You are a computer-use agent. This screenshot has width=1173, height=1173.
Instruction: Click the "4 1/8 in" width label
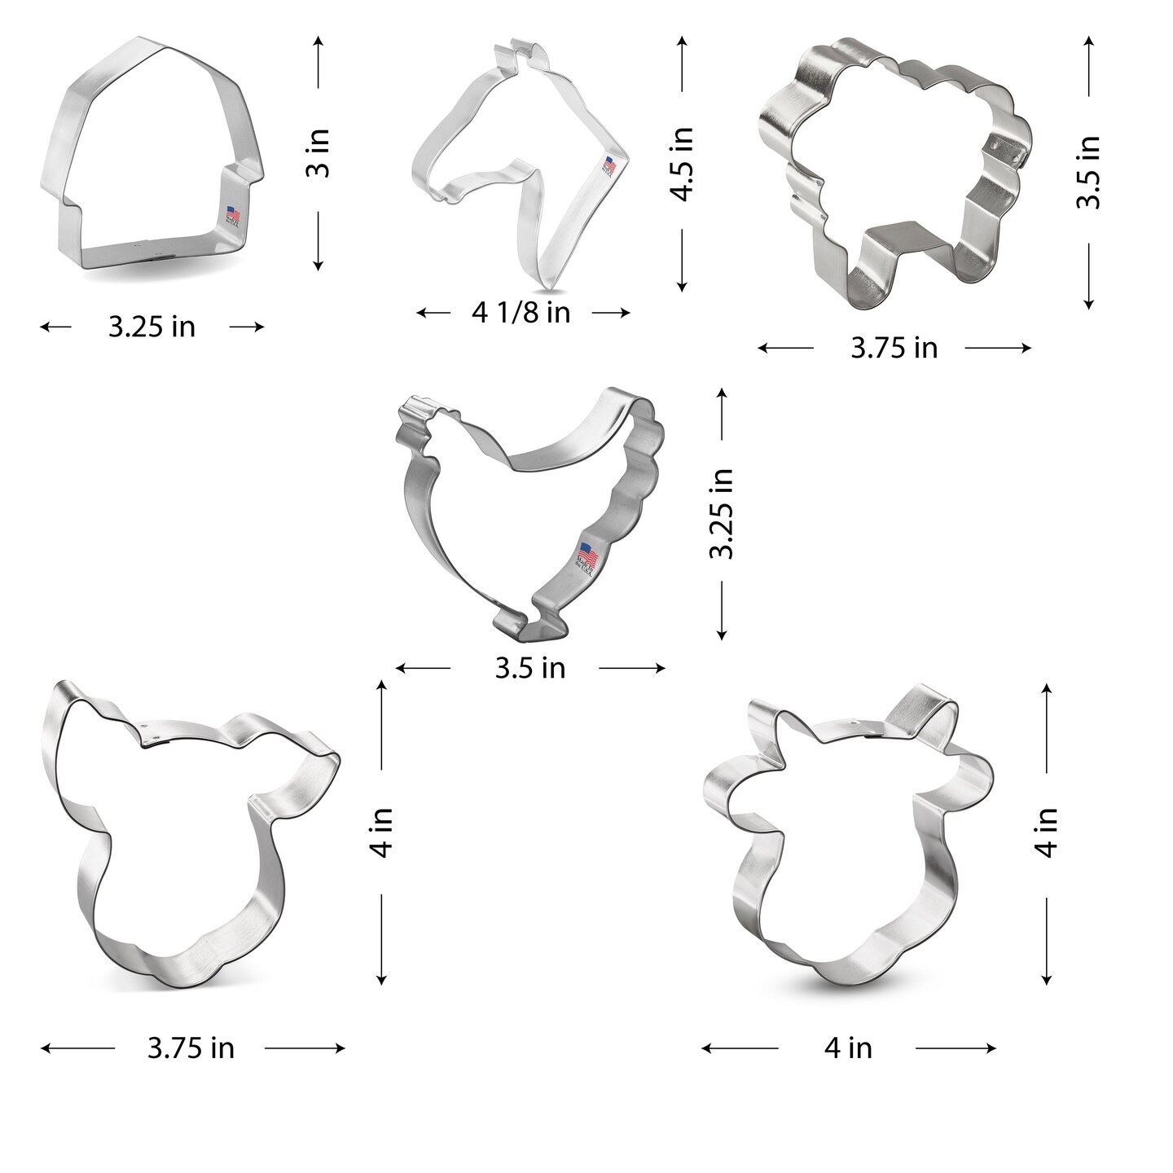pos(521,313)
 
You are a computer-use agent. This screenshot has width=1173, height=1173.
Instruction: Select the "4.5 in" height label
pos(682,164)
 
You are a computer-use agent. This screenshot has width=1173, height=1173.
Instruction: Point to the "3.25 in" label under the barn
pos(152,327)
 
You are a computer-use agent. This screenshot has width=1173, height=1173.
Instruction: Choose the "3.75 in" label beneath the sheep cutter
pos(894,349)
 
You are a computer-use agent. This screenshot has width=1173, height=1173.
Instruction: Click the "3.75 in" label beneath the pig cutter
pos(191,1048)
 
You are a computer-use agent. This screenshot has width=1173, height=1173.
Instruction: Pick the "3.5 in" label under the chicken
pos(529,669)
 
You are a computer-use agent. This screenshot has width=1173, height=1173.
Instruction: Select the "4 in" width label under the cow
pos(848,1048)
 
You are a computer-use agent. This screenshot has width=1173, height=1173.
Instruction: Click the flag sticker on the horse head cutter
pos(610,165)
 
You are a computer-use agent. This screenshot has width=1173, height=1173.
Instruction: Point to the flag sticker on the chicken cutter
pos(588,557)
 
